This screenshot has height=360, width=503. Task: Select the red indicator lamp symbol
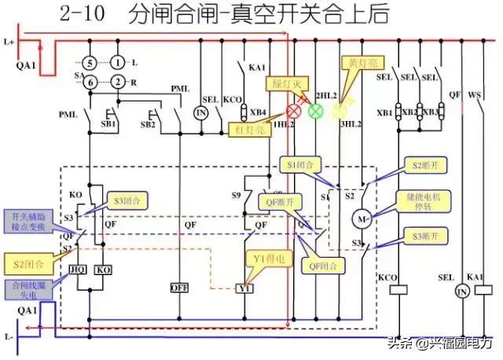[296, 111]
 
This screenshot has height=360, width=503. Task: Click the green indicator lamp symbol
[315, 111]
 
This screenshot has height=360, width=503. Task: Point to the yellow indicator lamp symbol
[339, 111]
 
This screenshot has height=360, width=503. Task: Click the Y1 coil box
[244, 288]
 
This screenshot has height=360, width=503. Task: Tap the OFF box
[180, 288]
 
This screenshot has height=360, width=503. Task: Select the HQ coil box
[78, 269]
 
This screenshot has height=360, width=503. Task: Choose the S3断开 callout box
[425, 236]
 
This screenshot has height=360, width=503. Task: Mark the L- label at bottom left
[11, 336]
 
